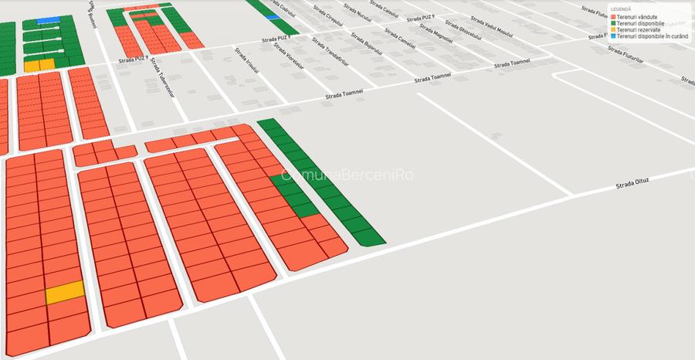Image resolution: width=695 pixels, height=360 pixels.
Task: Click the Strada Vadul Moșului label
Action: click(x=496, y=29)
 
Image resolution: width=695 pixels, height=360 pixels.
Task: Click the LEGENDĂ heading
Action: click(x=621, y=9)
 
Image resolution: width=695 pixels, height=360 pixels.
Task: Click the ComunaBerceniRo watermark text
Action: click(x=347, y=175)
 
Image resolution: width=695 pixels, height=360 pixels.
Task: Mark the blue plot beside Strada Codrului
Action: click(x=273, y=16)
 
